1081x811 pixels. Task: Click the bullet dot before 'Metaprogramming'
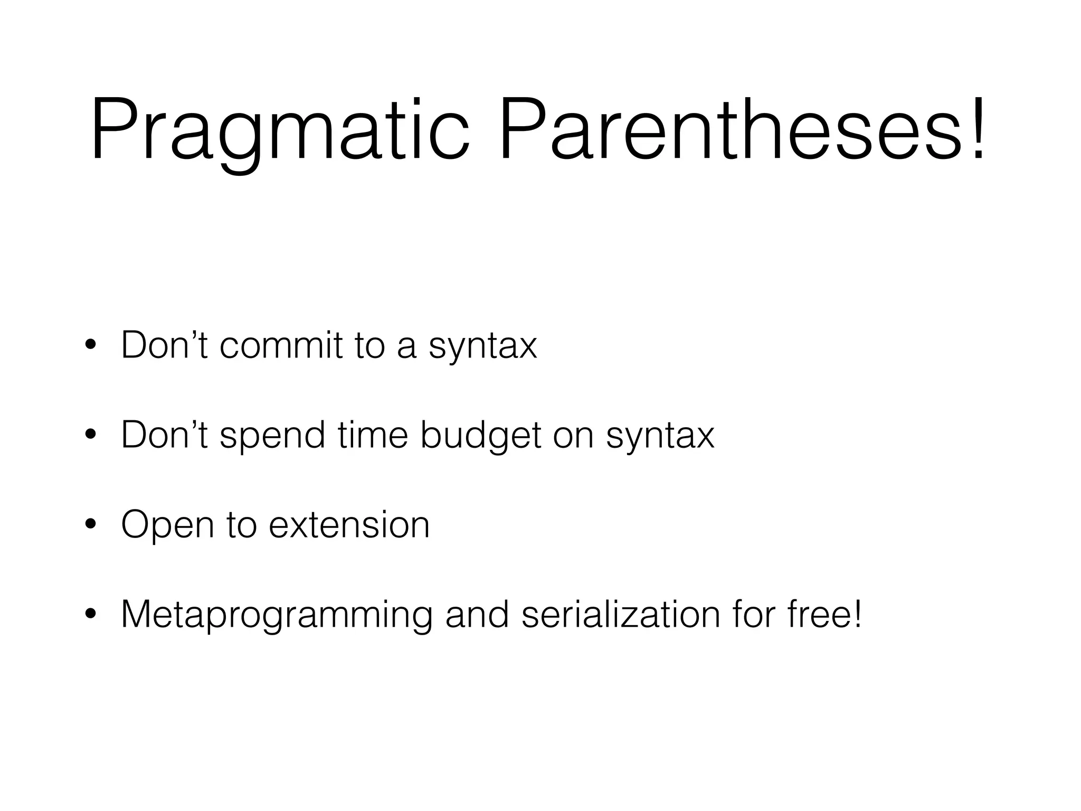[90, 615]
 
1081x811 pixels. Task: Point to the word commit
[280, 345]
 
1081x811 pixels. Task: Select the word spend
[272, 436]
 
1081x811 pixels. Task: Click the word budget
[481, 436]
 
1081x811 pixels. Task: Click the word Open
[167, 526]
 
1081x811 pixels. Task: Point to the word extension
[349, 525]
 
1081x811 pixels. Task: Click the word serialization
[621, 615]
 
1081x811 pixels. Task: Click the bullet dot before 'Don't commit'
[90, 346]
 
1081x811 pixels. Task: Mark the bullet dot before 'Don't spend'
[90, 436]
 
